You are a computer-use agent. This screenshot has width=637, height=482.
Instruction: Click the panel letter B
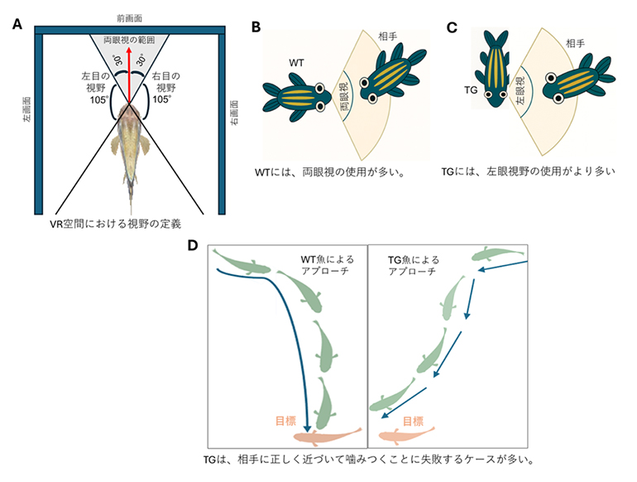pos(256,27)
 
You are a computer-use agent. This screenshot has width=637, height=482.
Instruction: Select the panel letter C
pos(452,27)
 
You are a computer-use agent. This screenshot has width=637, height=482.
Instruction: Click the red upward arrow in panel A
pos(128,75)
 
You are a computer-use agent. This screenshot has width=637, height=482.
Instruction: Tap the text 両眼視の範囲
pos(129,41)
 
